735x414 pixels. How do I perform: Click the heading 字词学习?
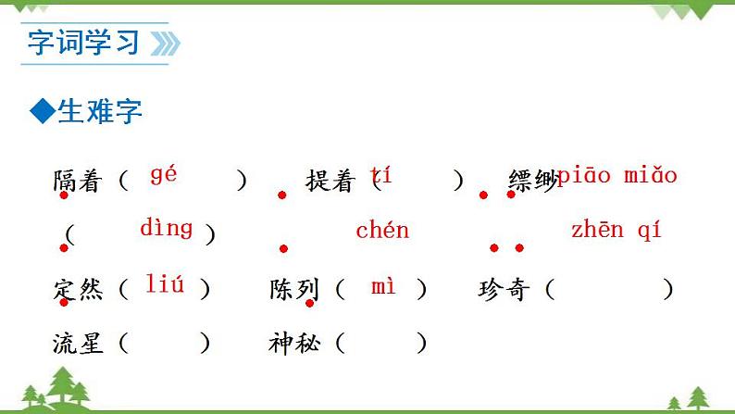[83, 43]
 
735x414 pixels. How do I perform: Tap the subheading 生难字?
[100, 112]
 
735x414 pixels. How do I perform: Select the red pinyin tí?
[380, 174]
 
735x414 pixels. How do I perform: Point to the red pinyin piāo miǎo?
[617, 175]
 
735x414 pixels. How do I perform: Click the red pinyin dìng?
[167, 227]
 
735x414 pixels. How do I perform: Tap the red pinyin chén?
[382, 231]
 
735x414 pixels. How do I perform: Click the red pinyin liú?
[165, 284]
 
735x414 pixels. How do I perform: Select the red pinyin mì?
[383, 286]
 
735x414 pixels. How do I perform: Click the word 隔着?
[77, 182]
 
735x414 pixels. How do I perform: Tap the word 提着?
[330, 182]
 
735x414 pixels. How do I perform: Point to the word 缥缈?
[531, 182]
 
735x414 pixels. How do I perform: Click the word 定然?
[78, 290]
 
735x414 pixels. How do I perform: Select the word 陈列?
[294, 290]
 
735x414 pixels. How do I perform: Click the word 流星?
[78, 344]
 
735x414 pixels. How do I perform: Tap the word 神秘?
[294, 344]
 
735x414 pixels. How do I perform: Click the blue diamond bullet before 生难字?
[42, 112]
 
